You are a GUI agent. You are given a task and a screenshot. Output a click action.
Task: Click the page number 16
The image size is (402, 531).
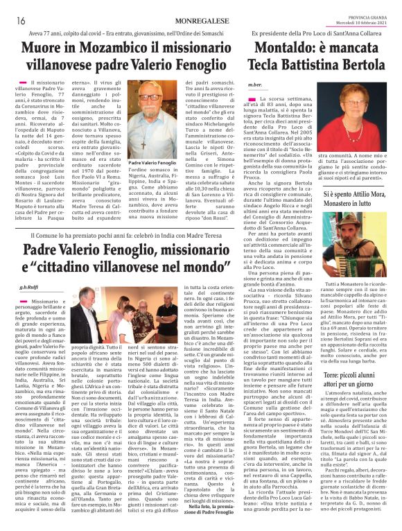(21, 21)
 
